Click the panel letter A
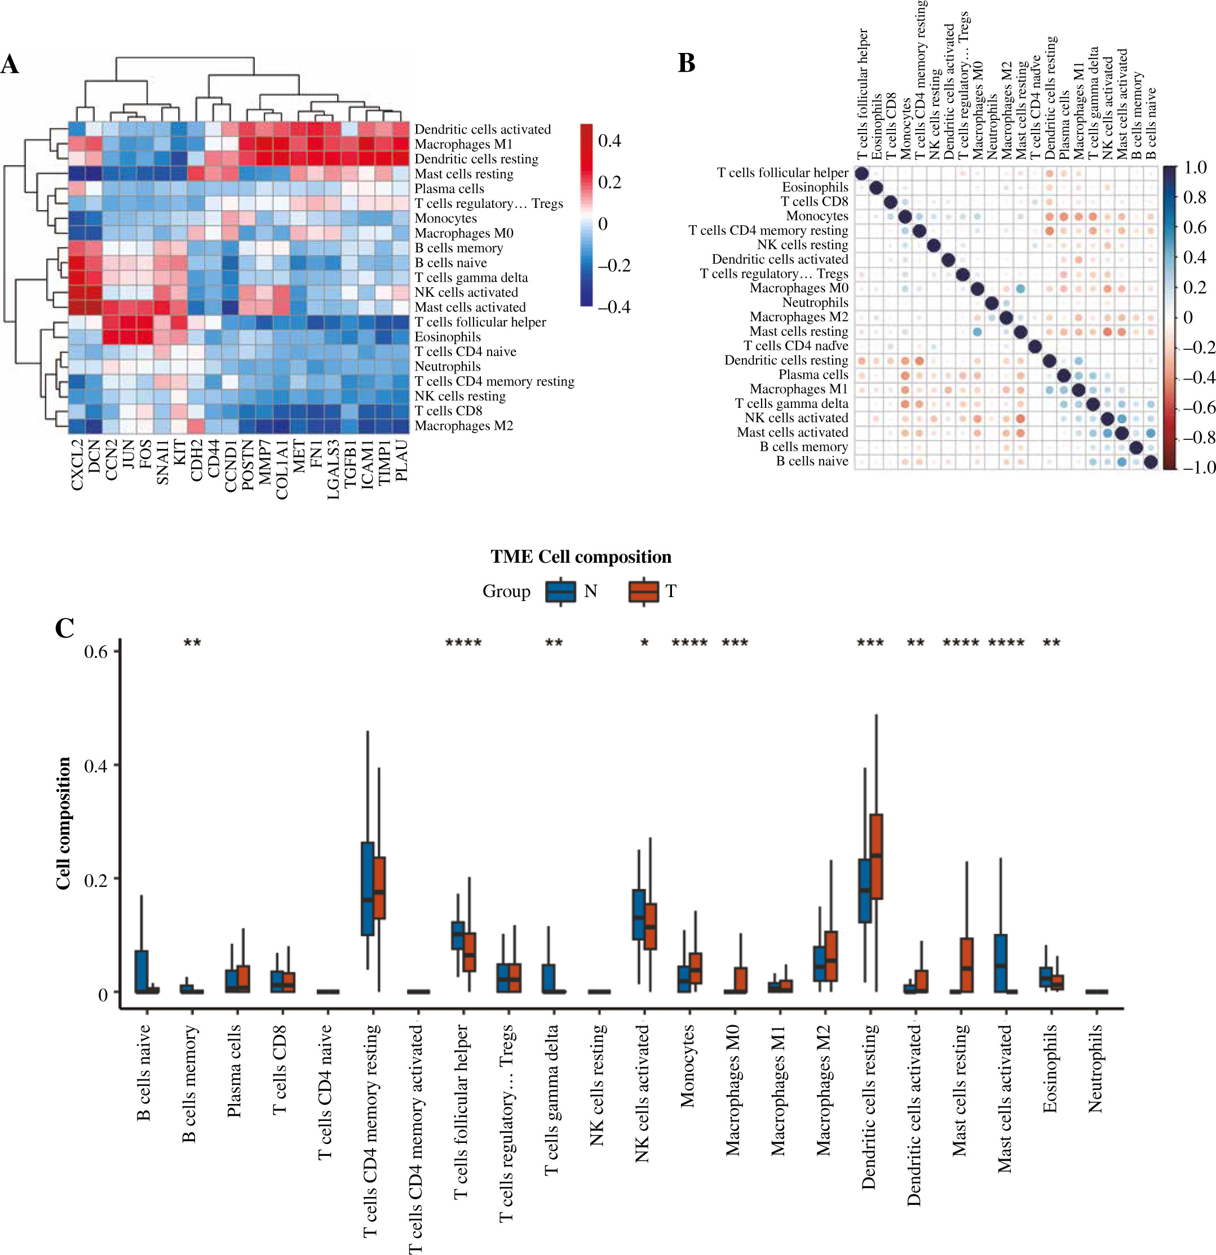tap(10, 64)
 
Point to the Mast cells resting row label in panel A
tap(464, 174)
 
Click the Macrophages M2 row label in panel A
tap(464, 426)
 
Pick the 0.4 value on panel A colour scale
tap(609, 141)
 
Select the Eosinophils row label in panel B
tap(815, 187)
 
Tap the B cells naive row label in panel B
tap(812, 461)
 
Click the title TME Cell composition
tap(581, 557)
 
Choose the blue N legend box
tap(560, 591)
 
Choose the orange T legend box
tap(643, 591)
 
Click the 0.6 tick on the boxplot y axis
tap(96, 652)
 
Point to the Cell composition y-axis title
tap(63, 824)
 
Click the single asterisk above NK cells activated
tap(644, 643)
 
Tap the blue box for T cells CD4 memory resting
tap(368, 889)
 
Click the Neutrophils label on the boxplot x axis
tap(1095, 1068)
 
